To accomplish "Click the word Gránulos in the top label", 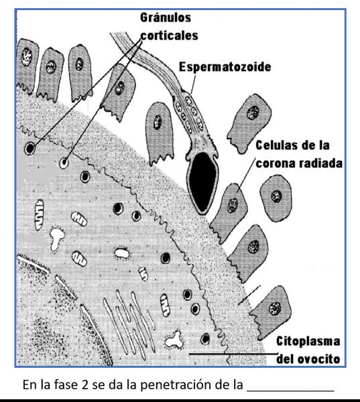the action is [166, 18].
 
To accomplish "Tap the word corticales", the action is [169, 36].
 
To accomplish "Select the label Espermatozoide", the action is [225, 67].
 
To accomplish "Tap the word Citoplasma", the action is [308, 342].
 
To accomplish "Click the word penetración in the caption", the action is [175, 385].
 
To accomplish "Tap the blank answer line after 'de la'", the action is [290, 391].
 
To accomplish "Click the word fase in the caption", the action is [66, 385].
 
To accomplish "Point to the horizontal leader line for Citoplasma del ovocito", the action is [233, 354].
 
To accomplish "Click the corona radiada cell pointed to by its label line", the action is [230, 212].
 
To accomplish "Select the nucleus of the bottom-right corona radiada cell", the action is [275, 309].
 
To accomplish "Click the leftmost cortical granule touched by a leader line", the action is [29, 148].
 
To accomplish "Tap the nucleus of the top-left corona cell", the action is [27, 57].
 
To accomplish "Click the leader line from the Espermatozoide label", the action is [193, 84].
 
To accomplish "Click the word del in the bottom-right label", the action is [284, 359].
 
